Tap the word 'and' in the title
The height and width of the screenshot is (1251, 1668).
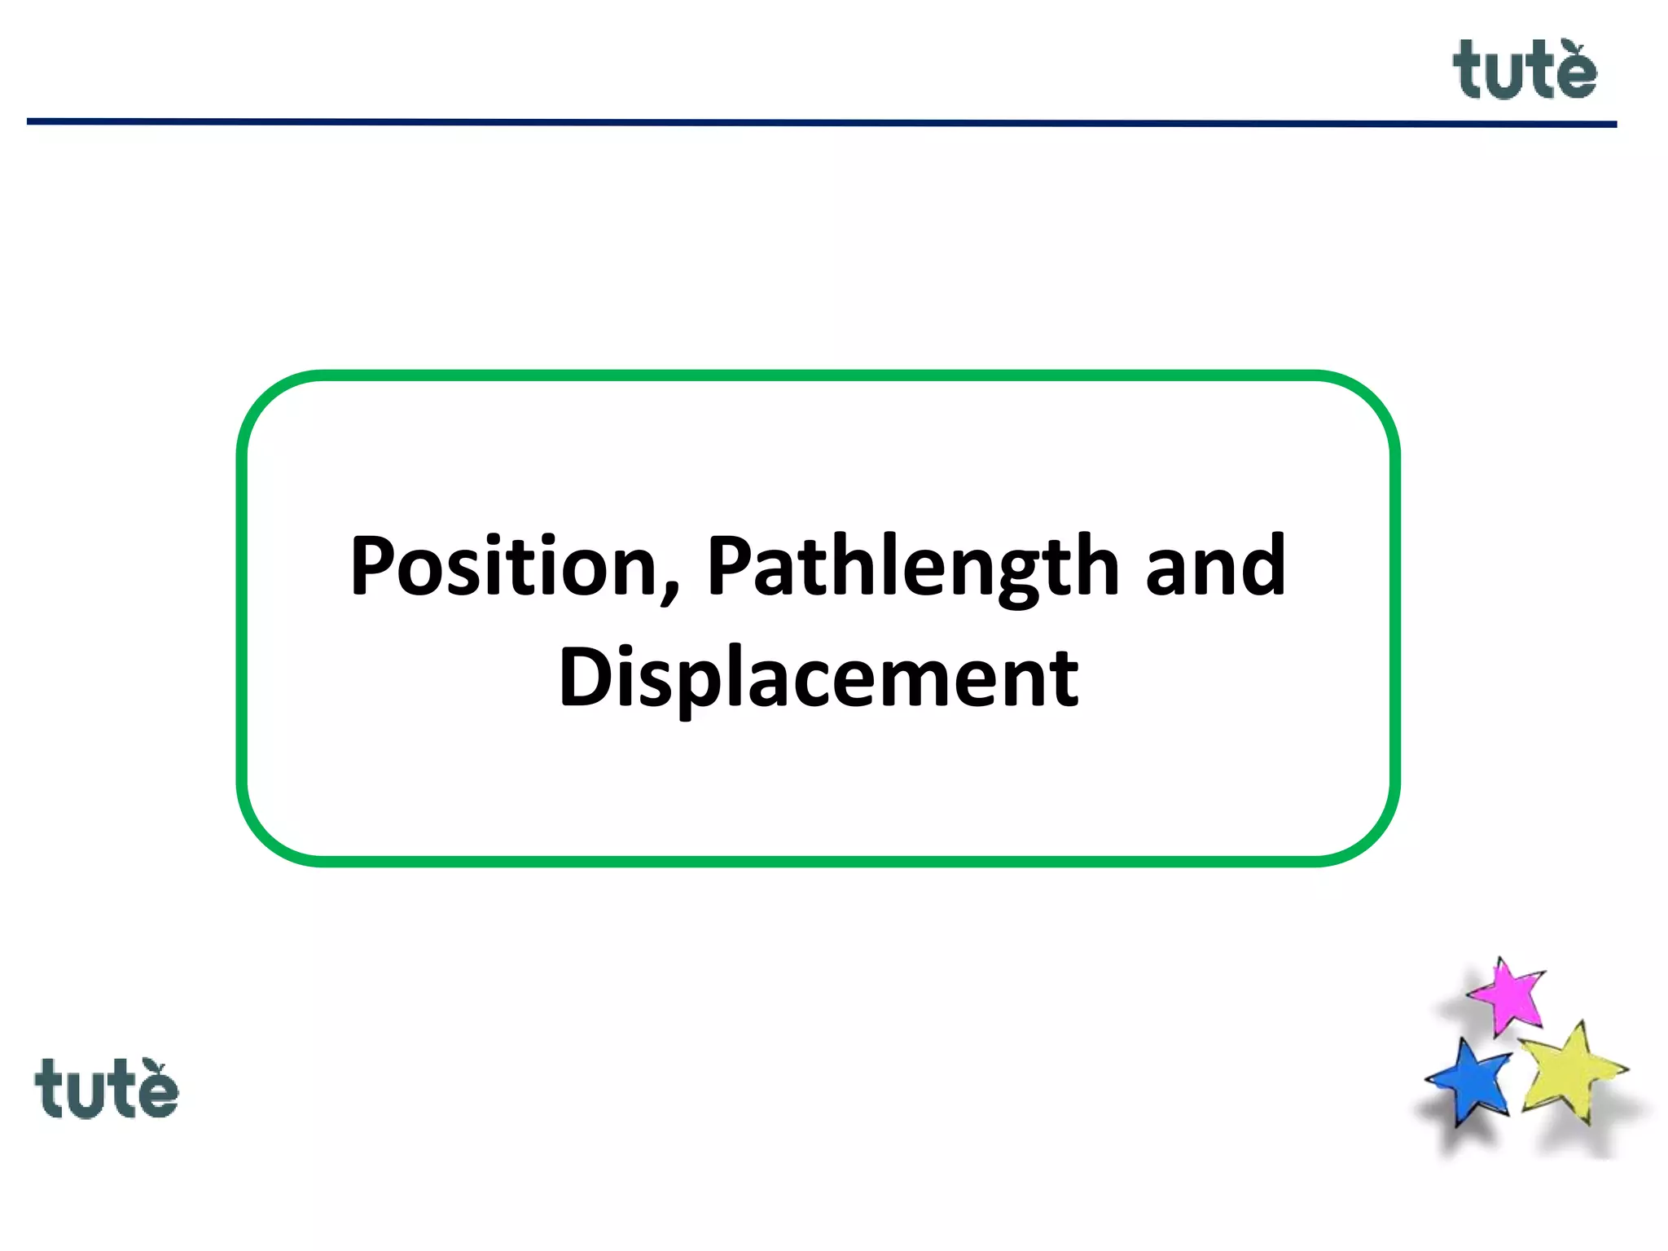[x=1215, y=566]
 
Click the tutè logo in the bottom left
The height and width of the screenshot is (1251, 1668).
[x=106, y=1089]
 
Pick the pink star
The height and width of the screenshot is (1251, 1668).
[x=1508, y=995]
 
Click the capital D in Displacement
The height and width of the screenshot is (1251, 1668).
[x=584, y=677]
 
